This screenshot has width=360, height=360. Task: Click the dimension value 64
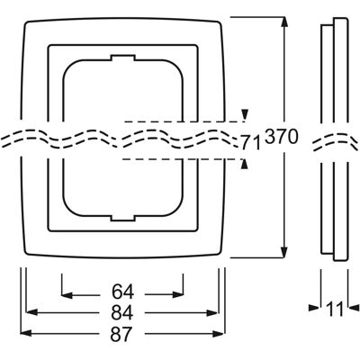click(122, 292)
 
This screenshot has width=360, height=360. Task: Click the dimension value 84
click(122, 313)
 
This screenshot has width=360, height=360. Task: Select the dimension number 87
click(121, 334)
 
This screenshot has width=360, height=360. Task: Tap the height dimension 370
click(282, 137)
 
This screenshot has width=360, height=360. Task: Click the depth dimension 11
click(335, 309)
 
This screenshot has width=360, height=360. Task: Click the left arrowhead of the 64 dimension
click(67, 295)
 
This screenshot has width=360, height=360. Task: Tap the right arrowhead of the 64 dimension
click(178, 295)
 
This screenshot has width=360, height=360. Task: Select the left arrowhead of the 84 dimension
click(31, 313)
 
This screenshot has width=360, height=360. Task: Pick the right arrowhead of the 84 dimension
click(211, 313)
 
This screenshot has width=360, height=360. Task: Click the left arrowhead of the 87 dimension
click(26, 333)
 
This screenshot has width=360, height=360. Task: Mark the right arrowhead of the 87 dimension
click(219, 333)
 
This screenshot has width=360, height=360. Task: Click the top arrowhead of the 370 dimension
click(284, 23)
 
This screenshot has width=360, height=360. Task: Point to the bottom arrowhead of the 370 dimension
click(284, 252)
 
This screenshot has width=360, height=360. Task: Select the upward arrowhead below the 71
click(246, 165)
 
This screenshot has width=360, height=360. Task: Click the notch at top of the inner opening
click(122, 58)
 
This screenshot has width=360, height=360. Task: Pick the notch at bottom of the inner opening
click(122, 218)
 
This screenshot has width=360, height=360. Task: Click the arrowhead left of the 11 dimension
click(314, 307)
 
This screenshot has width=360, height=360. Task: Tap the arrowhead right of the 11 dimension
click(354, 307)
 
